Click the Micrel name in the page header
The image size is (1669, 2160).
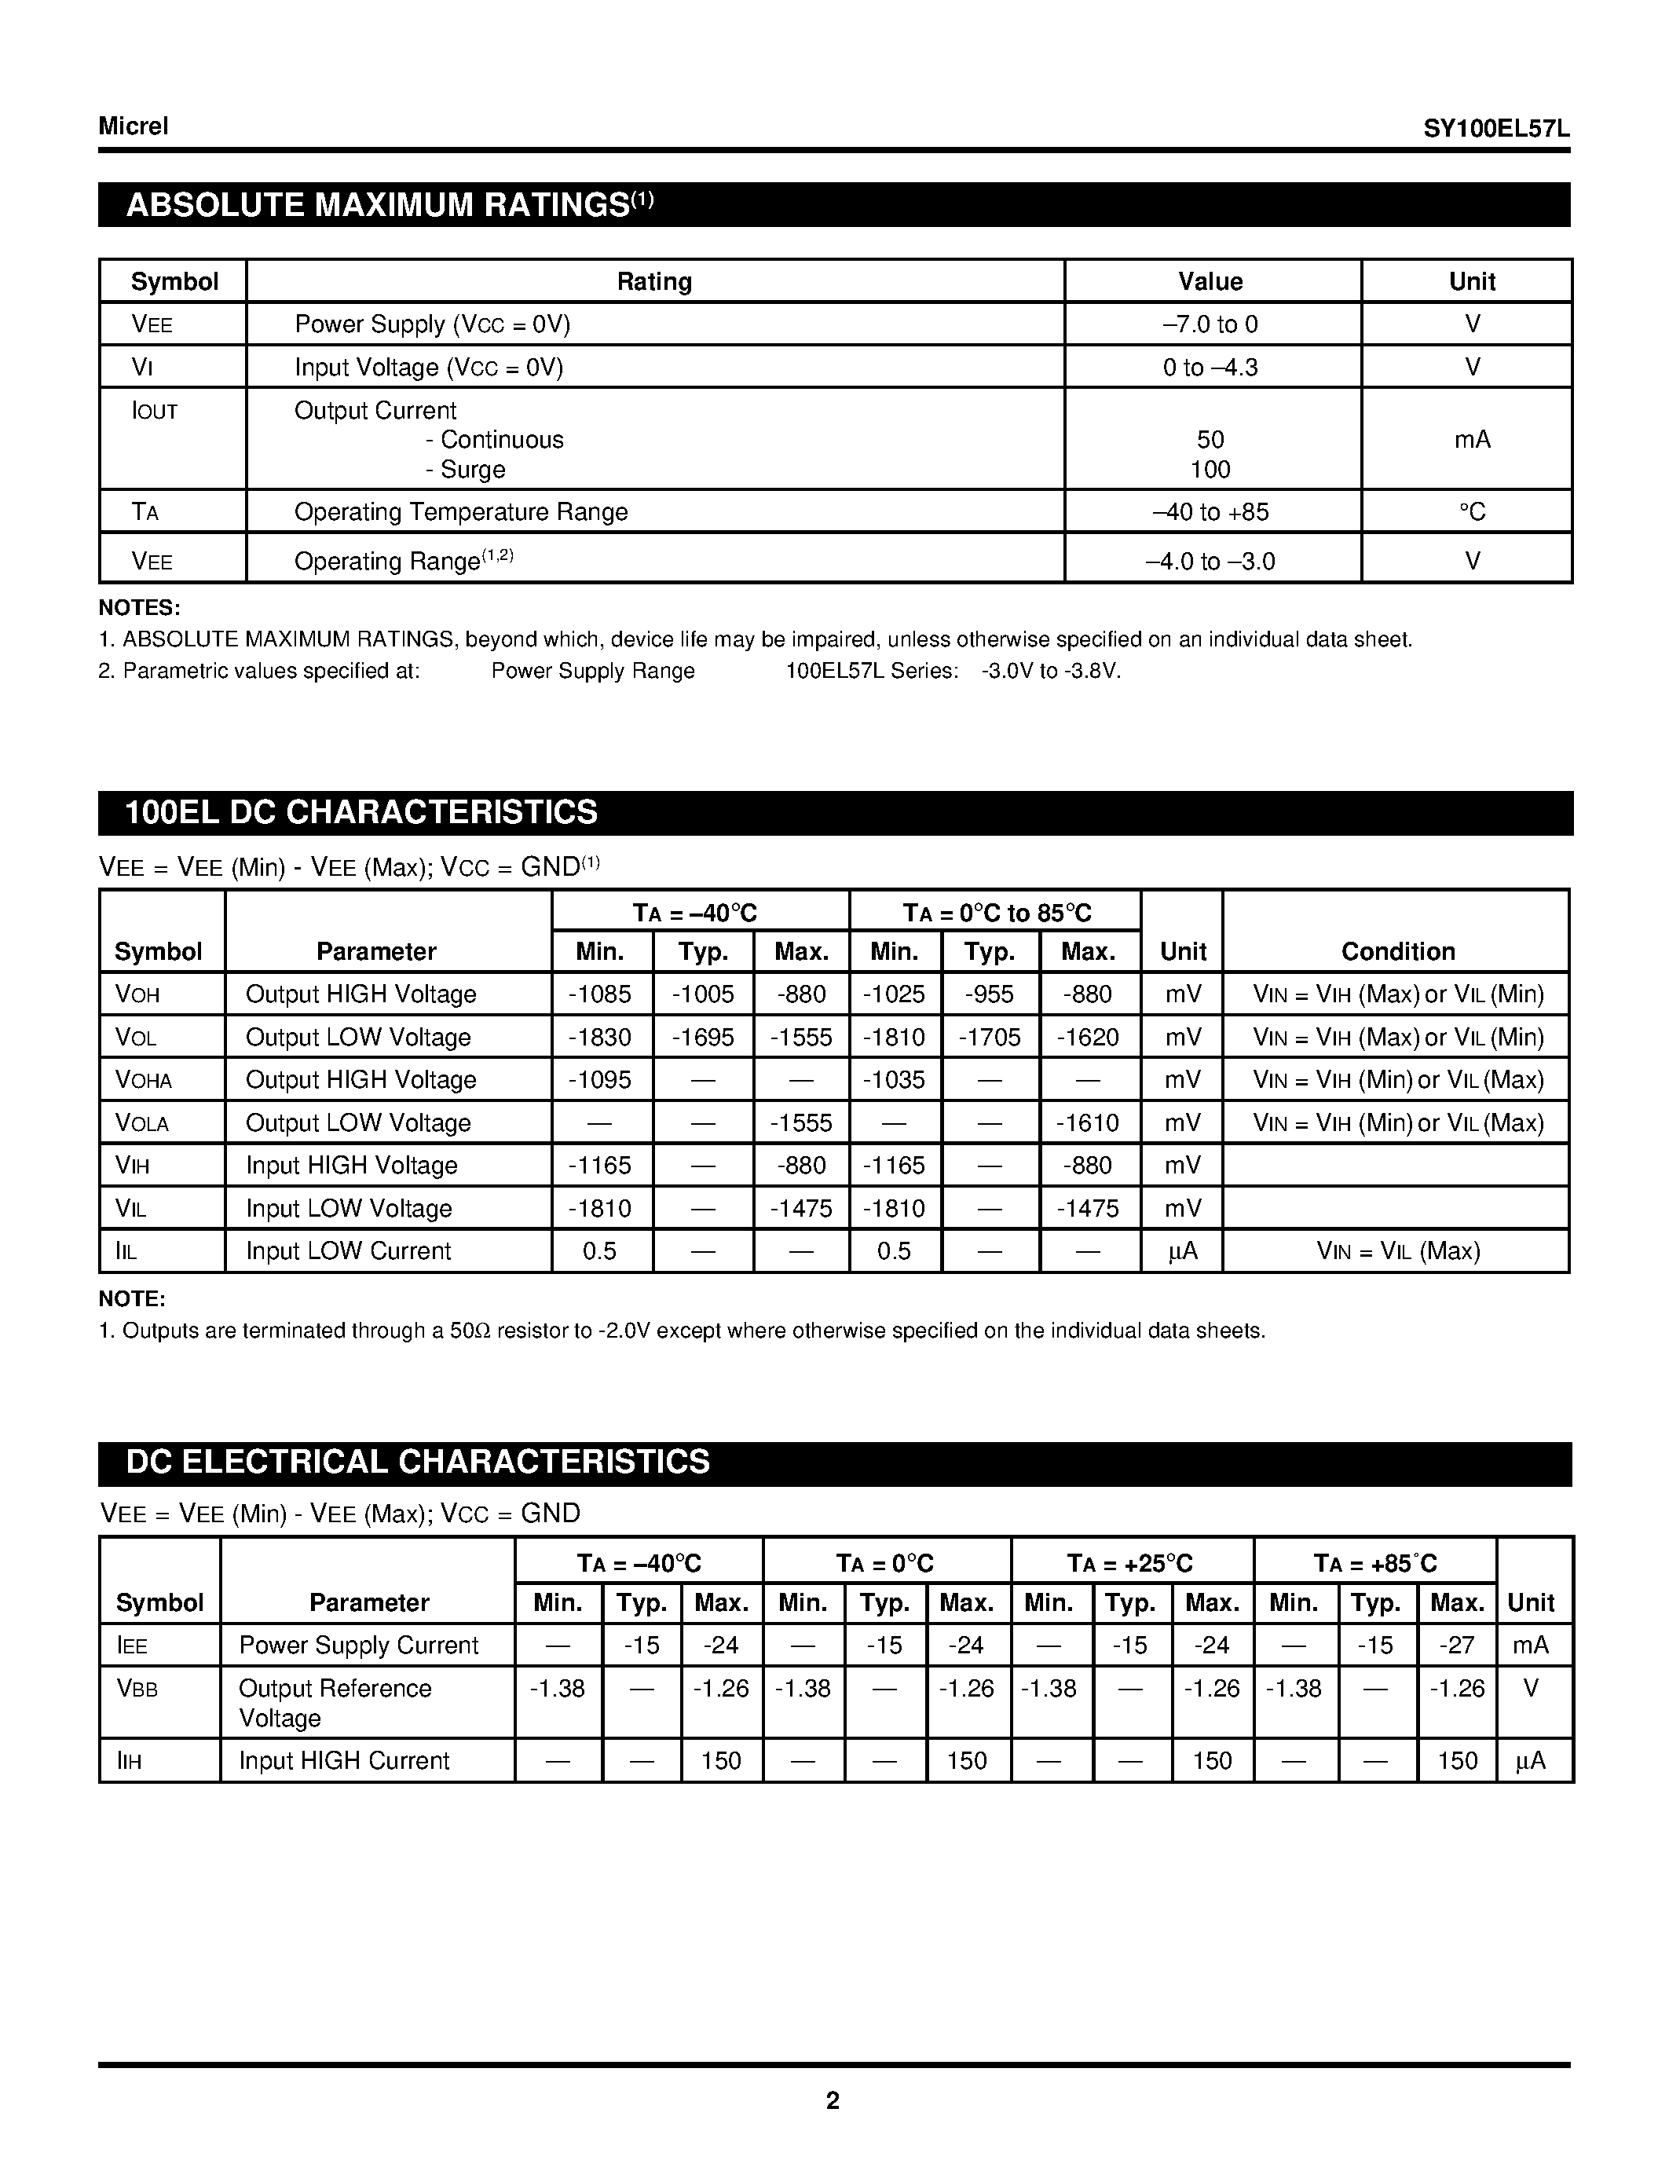(x=134, y=126)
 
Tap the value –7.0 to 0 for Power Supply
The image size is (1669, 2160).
(x=1210, y=324)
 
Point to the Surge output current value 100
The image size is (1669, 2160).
(x=1210, y=470)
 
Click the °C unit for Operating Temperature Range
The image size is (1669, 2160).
(x=1472, y=512)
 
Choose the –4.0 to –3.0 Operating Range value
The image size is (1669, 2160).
(x=1210, y=562)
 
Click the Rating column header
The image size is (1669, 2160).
(x=654, y=282)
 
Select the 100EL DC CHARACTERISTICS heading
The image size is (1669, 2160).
(x=362, y=812)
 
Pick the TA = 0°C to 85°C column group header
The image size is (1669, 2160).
(x=996, y=913)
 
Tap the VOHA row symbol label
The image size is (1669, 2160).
(x=144, y=1080)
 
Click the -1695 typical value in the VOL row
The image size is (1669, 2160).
(x=703, y=1038)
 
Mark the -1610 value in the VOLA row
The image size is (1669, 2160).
(x=1088, y=1123)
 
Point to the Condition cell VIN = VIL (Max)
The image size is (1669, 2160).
(x=1398, y=1251)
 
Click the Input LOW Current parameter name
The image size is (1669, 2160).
(x=348, y=1251)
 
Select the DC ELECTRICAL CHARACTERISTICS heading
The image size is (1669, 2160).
(x=419, y=1462)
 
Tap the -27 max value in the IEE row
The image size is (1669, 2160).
(x=1456, y=1645)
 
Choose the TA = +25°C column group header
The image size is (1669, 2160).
(x=1130, y=1564)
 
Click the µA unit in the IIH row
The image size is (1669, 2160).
(x=1531, y=1760)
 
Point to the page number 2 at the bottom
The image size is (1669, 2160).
(x=833, y=2100)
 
